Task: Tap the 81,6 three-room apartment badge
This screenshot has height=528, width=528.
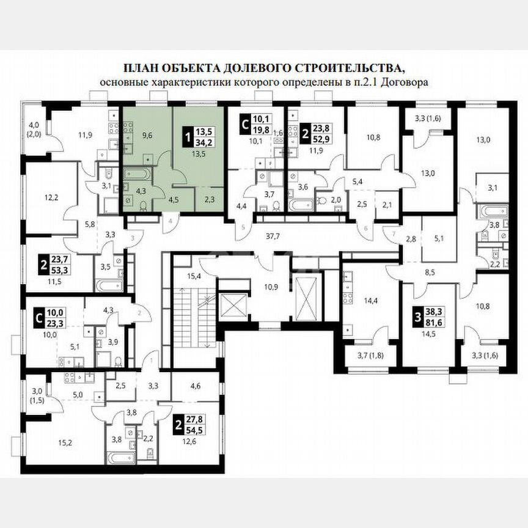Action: tap(435, 320)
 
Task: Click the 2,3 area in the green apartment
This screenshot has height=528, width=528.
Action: tap(209, 197)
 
